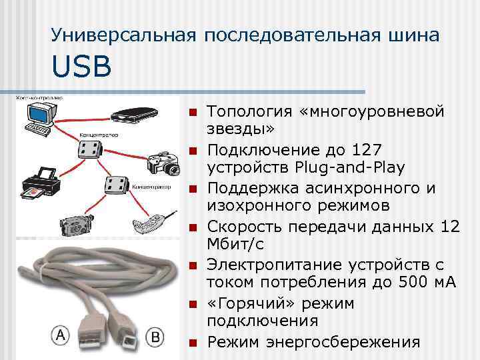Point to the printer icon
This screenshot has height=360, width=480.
point(37,183)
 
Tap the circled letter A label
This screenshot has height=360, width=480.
point(61,335)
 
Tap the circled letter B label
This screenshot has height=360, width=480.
point(155,337)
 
